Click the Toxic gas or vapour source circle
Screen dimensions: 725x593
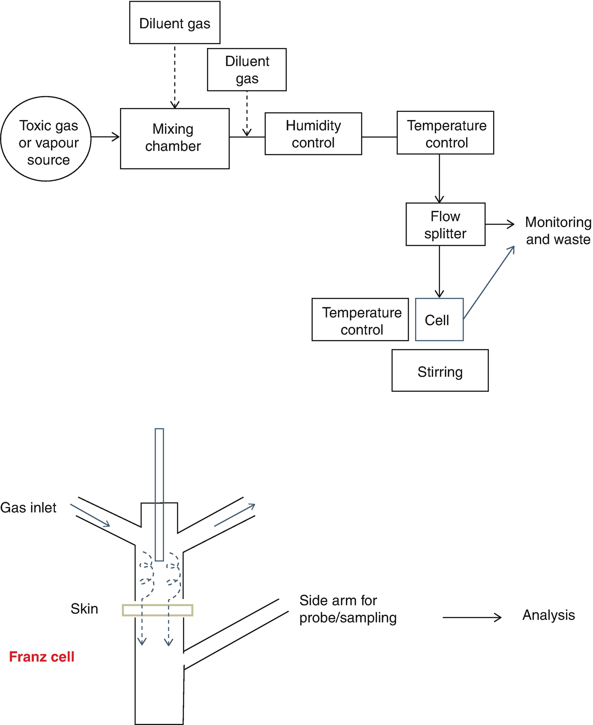point(46,139)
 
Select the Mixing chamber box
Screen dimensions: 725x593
point(174,138)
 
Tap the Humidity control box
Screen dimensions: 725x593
point(313,134)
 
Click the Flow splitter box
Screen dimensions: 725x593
point(445,224)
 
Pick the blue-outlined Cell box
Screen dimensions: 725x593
point(439,320)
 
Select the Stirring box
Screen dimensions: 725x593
point(440,371)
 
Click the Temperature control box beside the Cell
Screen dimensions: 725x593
point(360,320)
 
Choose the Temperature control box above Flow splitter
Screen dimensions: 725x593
point(445,133)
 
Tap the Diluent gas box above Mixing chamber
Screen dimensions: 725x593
point(175,23)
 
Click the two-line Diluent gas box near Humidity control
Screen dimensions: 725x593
point(247,69)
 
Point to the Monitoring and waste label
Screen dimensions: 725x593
point(558,231)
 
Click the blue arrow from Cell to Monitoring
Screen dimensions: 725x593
point(489,282)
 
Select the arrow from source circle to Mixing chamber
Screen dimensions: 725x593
point(105,137)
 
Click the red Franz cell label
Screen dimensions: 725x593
point(42,657)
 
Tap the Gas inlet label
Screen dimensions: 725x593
point(28,508)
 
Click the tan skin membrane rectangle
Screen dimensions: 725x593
point(158,610)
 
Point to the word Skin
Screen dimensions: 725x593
point(84,609)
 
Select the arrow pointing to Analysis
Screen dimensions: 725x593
point(472,617)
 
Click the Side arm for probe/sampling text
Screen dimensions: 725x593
point(347,609)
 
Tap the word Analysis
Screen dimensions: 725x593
point(548,615)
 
